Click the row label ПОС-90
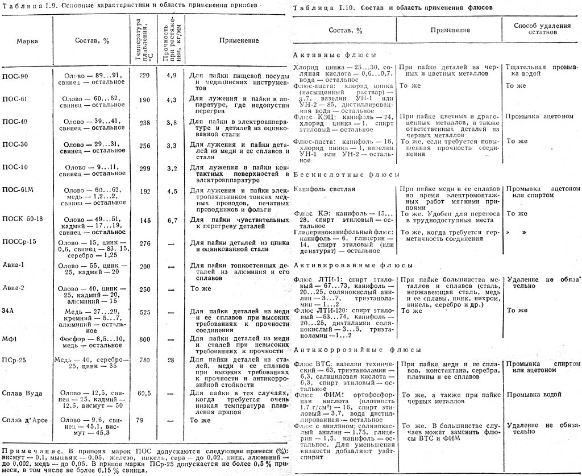(x=15, y=76)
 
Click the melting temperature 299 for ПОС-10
(x=145, y=168)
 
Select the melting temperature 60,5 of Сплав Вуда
(x=145, y=393)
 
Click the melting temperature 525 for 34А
(x=145, y=312)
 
